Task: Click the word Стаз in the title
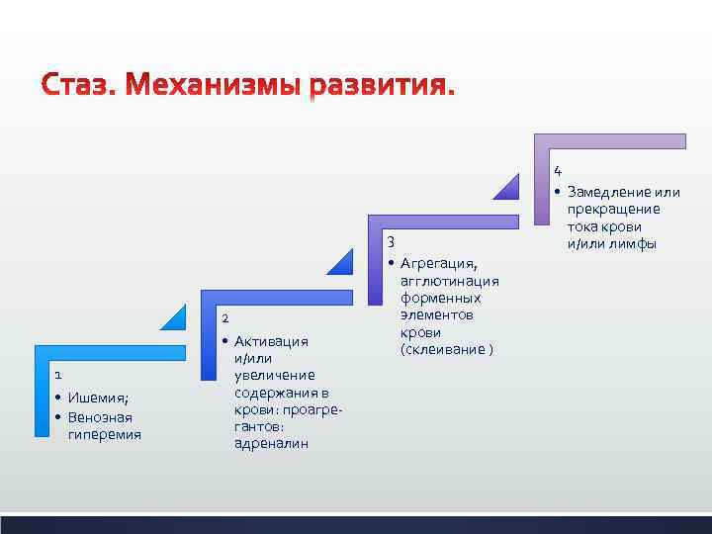tap(77, 87)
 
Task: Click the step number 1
tap(58, 375)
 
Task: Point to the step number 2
tap(225, 318)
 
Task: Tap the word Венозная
tap(100, 416)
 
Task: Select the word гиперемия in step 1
tap(105, 433)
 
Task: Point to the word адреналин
tap(271, 443)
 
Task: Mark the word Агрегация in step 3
tap(439, 263)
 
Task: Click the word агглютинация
tap(450, 281)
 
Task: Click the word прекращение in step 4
tap(614, 210)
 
